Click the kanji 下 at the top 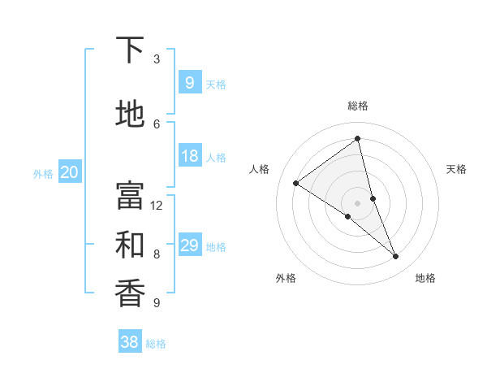point(130,51)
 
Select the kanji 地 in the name point(130,115)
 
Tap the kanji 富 point(130,195)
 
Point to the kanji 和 point(130,245)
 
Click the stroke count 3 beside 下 point(157,59)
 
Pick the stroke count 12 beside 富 point(157,206)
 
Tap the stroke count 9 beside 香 point(157,303)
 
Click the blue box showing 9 point(189,82)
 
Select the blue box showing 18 point(189,156)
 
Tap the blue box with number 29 point(189,245)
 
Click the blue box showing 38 point(129,342)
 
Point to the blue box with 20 point(70,171)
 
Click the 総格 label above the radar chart point(358,106)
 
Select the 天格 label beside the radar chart point(457,169)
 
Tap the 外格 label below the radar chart point(286,278)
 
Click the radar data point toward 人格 point(296,183)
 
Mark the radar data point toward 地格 point(396,257)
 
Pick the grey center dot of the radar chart point(357,202)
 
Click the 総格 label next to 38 point(156,344)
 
